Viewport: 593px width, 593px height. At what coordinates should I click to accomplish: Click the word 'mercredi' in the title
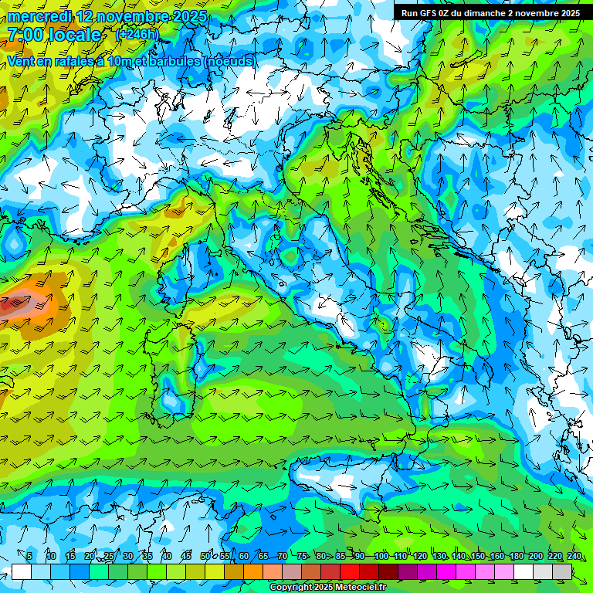pos(39,16)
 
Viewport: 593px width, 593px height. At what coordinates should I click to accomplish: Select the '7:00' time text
pos(24,35)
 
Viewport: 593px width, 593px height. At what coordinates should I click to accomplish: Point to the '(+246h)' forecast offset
pos(137,35)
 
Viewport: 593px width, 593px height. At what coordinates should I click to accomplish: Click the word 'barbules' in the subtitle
pos(169,61)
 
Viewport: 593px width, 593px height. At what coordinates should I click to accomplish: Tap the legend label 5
pos(29,556)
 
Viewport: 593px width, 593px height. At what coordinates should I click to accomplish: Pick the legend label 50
pos(205,556)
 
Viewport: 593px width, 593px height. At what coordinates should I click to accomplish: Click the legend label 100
pos(381,556)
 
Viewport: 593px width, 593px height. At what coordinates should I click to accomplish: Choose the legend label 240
pos(574,556)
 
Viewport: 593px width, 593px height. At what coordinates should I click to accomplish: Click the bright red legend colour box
pos(350,571)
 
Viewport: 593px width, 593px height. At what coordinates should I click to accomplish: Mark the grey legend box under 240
pos(563,571)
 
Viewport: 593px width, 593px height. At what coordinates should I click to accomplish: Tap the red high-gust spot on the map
pos(12,305)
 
